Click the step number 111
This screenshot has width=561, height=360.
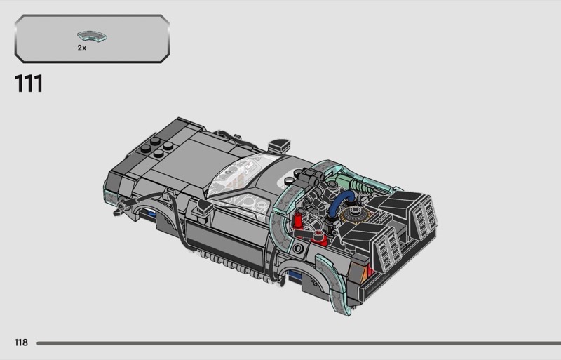coord(29,84)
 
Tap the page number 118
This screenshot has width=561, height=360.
coord(21,342)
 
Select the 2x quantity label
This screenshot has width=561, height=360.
coord(82,48)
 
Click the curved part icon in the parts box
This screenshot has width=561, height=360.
coord(93,36)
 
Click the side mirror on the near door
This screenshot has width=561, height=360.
coord(203,207)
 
